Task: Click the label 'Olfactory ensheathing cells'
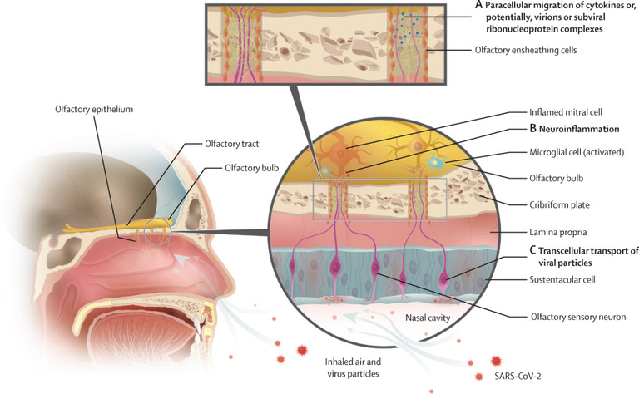tap(526, 50)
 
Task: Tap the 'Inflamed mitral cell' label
tap(566, 112)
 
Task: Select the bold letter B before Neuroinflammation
tap(532, 129)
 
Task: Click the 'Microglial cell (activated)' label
tap(577, 152)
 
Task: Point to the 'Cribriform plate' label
tap(559, 204)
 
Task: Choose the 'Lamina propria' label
tap(558, 233)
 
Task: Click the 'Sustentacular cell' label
tap(562, 279)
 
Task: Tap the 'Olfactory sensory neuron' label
tap(578, 317)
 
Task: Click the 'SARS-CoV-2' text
tap(518, 376)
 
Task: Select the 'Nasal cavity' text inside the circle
tap(428, 318)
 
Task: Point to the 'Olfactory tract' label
tap(232, 144)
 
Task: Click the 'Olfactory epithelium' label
tap(94, 109)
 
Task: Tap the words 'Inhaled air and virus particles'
tap(353, 367)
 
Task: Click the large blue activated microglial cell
tap(435, 162)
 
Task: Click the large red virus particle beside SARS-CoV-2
tap(496, 361)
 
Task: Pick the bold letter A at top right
tap(479, 5)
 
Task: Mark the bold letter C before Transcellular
tap(532, 250)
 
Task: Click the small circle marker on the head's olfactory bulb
tap(157, 232)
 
